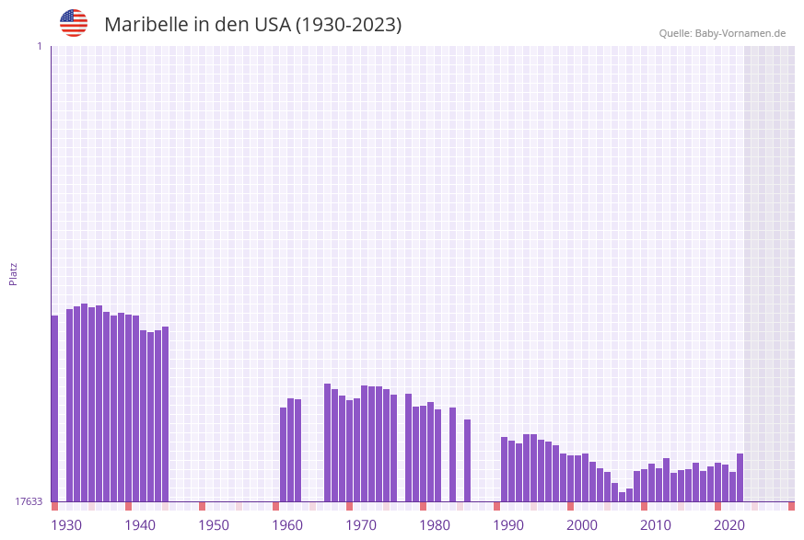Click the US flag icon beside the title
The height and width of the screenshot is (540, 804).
(74, 23)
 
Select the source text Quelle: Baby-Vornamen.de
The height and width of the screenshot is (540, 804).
(722, 33)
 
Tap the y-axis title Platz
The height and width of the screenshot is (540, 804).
(14, 273)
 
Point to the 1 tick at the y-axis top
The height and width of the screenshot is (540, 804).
(39, 46)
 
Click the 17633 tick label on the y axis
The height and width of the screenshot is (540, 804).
(28, 501)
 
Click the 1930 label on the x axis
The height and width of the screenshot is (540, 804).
(66, 525)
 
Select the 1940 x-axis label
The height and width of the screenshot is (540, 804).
(140, 525)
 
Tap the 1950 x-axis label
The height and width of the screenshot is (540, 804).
(214, 525)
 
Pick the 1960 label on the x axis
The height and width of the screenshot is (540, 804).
(287, 525)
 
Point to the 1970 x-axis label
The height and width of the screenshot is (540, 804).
(361, 525)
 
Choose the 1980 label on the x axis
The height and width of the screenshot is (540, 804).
(435, 525)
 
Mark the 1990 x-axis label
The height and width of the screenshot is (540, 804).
(508, 525)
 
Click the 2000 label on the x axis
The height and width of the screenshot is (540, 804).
(582, 525)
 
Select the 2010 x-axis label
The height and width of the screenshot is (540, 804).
(656, 525)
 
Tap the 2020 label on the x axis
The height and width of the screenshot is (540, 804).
(729, 525)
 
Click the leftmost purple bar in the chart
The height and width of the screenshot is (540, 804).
(54, 408)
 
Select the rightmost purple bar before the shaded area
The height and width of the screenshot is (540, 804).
(740, 477)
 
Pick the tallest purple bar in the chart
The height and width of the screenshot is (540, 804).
(84, 402)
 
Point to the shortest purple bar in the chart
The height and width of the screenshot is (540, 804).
(622, 497)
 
